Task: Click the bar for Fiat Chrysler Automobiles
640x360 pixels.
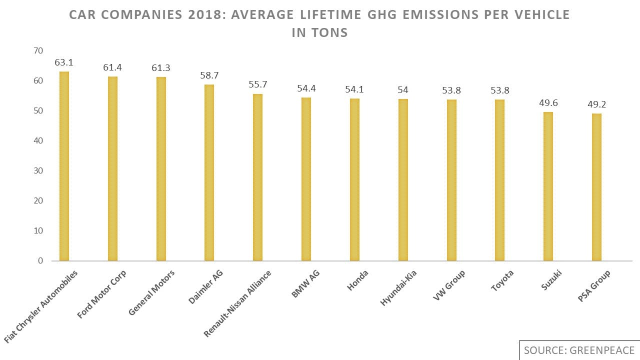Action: tap(64, 166)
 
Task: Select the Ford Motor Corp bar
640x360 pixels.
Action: tap(112, 168)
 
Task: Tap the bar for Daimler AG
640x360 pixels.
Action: tap(209, 172)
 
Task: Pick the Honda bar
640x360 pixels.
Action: tap(354, 179)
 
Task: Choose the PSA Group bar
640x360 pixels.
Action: tap(596, 187)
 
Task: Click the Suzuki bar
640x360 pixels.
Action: tap(548, 186)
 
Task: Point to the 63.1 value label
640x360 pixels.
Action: tap(64, 63)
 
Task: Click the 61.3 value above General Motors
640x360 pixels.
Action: tap(161, 68)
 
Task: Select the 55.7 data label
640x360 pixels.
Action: tap(257, 84)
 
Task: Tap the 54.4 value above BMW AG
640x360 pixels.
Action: tap(306, 88)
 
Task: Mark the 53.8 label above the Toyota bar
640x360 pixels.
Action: tap(499, 90)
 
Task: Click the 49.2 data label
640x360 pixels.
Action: tap(596, 104)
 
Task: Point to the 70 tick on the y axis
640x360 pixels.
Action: tap(38, 51)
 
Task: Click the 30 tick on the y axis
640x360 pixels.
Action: tap(38, 171)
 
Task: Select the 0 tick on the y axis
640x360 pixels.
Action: tap(40, 261)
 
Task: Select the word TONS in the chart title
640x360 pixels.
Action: tap(330, 33)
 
